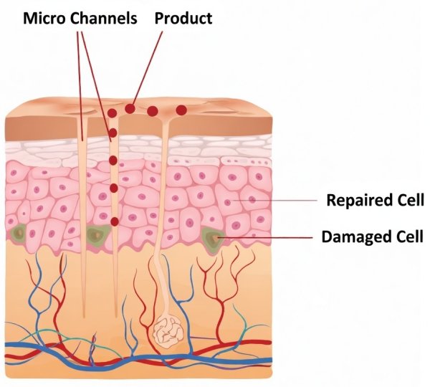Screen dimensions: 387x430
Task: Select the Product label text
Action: [183, 18]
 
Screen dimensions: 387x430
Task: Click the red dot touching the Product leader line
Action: [129, 109]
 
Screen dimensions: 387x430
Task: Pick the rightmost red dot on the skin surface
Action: [181, 110]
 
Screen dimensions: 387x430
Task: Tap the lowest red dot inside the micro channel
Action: [114, 221]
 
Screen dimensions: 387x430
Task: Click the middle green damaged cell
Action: [95, 234]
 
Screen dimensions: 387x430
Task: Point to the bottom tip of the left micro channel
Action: [85, 316]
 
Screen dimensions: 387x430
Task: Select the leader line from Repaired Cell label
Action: [279, 199]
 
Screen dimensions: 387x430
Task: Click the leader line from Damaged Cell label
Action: [265, 236]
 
